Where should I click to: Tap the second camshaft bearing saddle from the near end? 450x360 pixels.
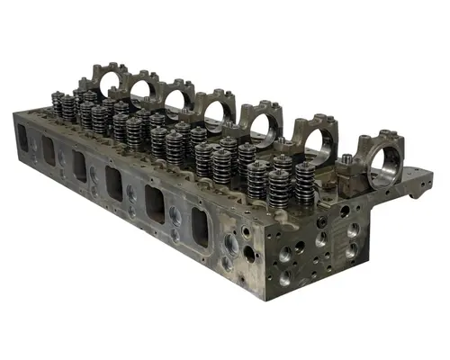[310, 133]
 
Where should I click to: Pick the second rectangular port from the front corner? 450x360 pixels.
[155, 202]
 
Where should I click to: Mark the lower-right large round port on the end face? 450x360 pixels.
[352, 251]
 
